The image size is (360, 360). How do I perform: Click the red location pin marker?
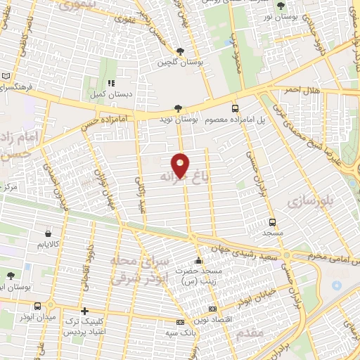click(x=181, y=165)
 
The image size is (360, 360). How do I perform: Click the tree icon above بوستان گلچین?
click(x=181, y=51)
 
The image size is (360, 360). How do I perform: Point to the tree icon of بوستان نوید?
click(x=178, y=108)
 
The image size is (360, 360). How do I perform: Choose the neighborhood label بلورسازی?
click(x=307, y=202)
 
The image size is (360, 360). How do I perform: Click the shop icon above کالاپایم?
click(x=47, y=233)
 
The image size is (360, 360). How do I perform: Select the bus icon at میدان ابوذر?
click(x=51, y=305)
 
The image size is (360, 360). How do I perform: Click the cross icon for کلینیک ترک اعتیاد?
click(x=84, y=311)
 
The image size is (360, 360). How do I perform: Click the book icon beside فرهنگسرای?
click(x=6, y=77)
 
